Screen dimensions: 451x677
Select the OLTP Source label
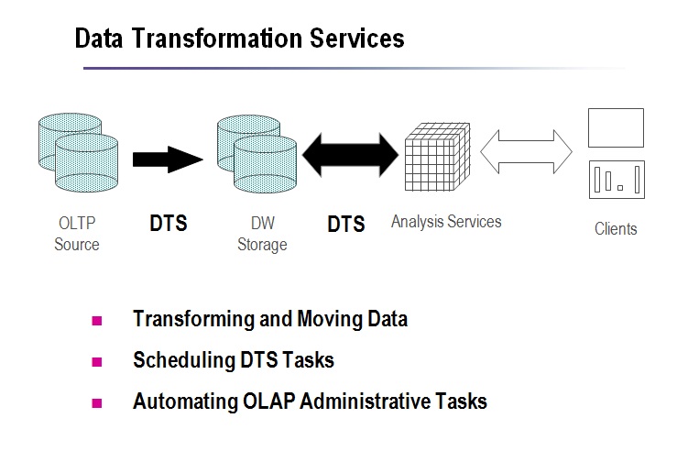(x=77, y=234)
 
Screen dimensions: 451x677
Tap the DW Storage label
(x=262, y=234)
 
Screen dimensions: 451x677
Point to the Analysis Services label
(x=446, y=222)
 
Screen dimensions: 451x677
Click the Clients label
(x=616, y=228)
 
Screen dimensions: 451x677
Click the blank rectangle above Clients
(x=616, y=128)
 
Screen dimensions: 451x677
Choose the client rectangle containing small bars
(x=616, y=180)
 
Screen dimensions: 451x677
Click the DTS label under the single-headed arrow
(x=169, y=223)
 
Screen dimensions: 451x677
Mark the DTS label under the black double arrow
(x=346, y=224)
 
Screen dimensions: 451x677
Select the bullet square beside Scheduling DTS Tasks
(x=96, y=361)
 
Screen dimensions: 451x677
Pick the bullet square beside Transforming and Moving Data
(x=96, y=320)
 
